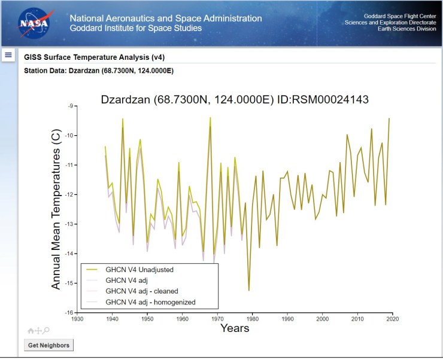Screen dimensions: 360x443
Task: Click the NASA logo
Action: tap(30, 23)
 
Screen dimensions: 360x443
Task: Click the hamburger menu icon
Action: tap(8, 55)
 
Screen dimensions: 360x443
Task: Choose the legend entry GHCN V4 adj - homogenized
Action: tap(150, 302)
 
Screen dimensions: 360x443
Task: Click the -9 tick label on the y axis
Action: tap(70, 106)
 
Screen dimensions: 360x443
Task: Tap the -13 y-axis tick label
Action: tap(69, 224)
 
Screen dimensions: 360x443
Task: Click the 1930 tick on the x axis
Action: tap(77, 319)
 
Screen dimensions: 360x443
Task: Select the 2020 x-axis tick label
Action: tap(393, 319)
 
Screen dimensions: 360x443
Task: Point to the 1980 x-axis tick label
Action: tap(253, 319)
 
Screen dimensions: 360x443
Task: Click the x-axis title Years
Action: tap(234, 328)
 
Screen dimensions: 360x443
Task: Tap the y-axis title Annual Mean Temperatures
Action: tap(56, 210)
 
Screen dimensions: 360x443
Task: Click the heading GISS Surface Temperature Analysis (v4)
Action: tap(94, 57)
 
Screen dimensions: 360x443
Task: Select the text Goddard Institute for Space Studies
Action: tap(135, 28)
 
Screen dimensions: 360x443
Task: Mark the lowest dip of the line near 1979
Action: tap(249, 290)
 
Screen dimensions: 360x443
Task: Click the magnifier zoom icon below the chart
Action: tap(46, 330)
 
